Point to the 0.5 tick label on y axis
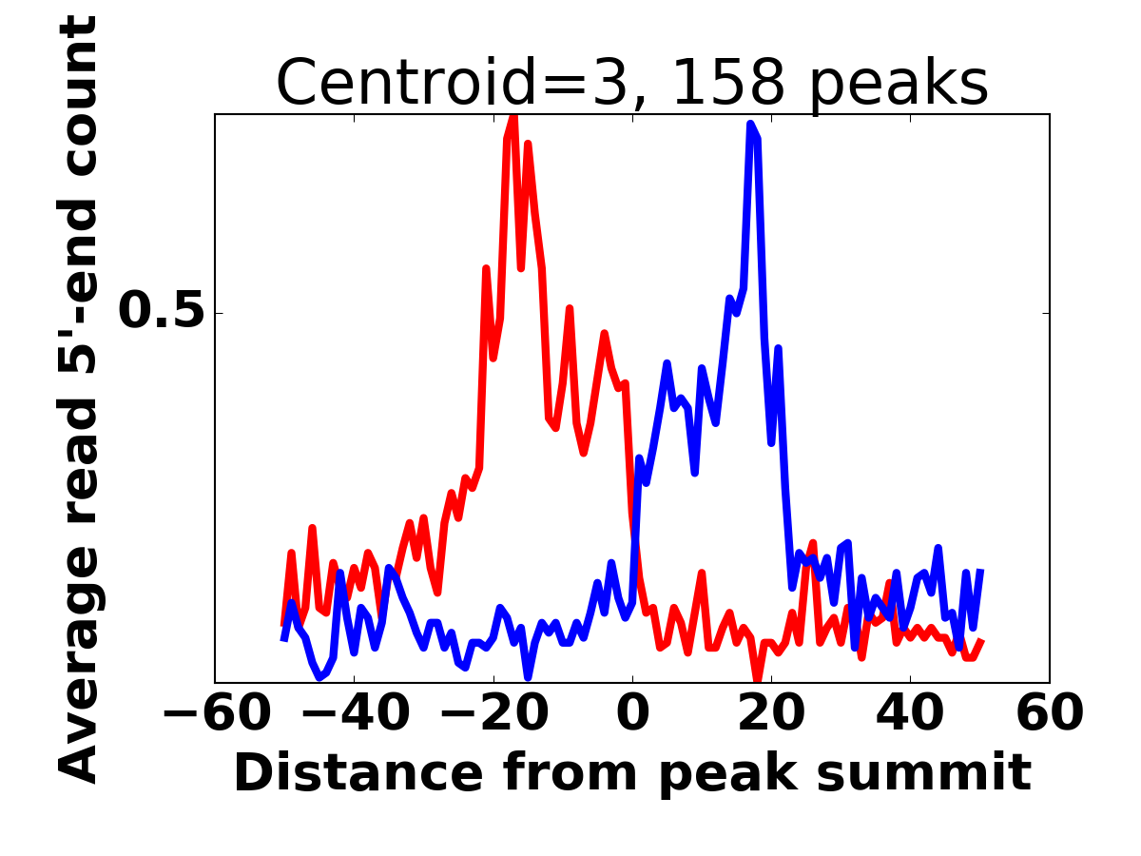click(162, 312)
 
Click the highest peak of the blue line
click(750, 124)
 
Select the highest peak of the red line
click(513, 117)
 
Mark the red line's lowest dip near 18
click(758, 680)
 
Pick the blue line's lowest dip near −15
click(528, 677)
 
